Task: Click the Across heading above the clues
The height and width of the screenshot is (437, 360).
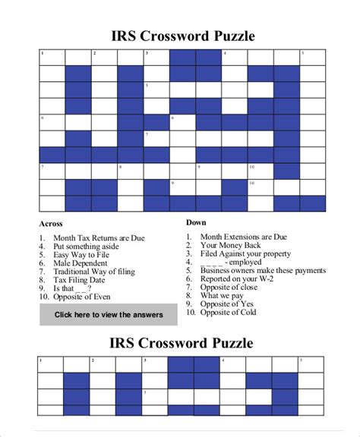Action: tap(51, 224)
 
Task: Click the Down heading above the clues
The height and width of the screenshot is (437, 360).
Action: tap(196, 222)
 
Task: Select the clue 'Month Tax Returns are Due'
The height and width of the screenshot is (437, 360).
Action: tap(99, 238)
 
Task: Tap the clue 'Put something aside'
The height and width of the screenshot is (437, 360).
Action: tap(86, 247)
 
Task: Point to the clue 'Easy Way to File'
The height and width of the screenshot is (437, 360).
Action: tap(84, 255)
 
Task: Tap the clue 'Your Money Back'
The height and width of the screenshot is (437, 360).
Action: tap(231, 245)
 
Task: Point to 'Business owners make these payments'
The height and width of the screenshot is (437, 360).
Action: tap(263, 270)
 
